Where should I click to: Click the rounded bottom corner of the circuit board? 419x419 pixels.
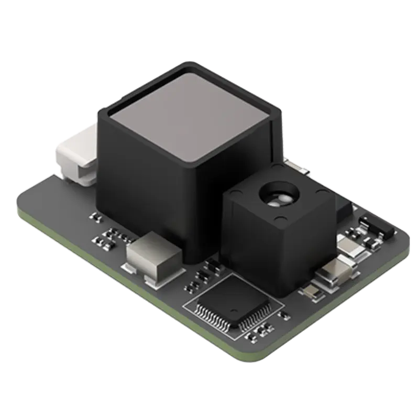pos(251,356)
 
